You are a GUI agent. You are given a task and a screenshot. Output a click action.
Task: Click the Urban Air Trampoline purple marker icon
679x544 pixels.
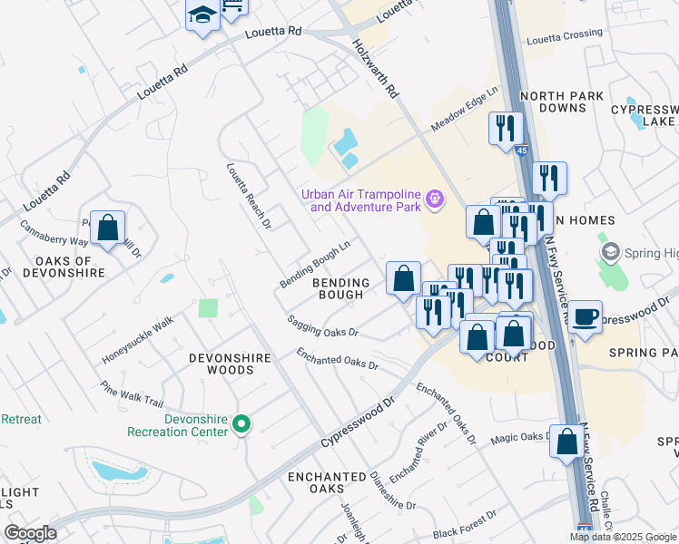coord(435,198)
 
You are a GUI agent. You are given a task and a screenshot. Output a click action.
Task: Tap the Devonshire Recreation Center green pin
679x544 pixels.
coord(241,423)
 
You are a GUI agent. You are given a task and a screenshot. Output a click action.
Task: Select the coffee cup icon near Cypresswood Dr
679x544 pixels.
coord(586,316)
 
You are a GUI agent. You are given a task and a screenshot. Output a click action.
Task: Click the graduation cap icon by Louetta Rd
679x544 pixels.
coord(202,15)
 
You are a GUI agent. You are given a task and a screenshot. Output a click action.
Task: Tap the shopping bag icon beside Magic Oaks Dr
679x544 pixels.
coord(567,442)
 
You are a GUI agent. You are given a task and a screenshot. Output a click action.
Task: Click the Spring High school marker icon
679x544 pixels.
coord(610,250)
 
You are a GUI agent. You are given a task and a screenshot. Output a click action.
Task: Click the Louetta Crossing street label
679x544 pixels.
coord(564,34)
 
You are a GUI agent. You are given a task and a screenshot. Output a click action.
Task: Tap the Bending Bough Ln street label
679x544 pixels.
coord(315,265)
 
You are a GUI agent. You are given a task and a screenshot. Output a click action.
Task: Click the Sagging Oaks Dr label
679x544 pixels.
coord(322,326)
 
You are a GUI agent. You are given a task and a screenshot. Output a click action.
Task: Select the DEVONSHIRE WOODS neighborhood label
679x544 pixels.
coord(230,364)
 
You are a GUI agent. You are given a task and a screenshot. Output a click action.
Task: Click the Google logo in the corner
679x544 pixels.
coord(30,533)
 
